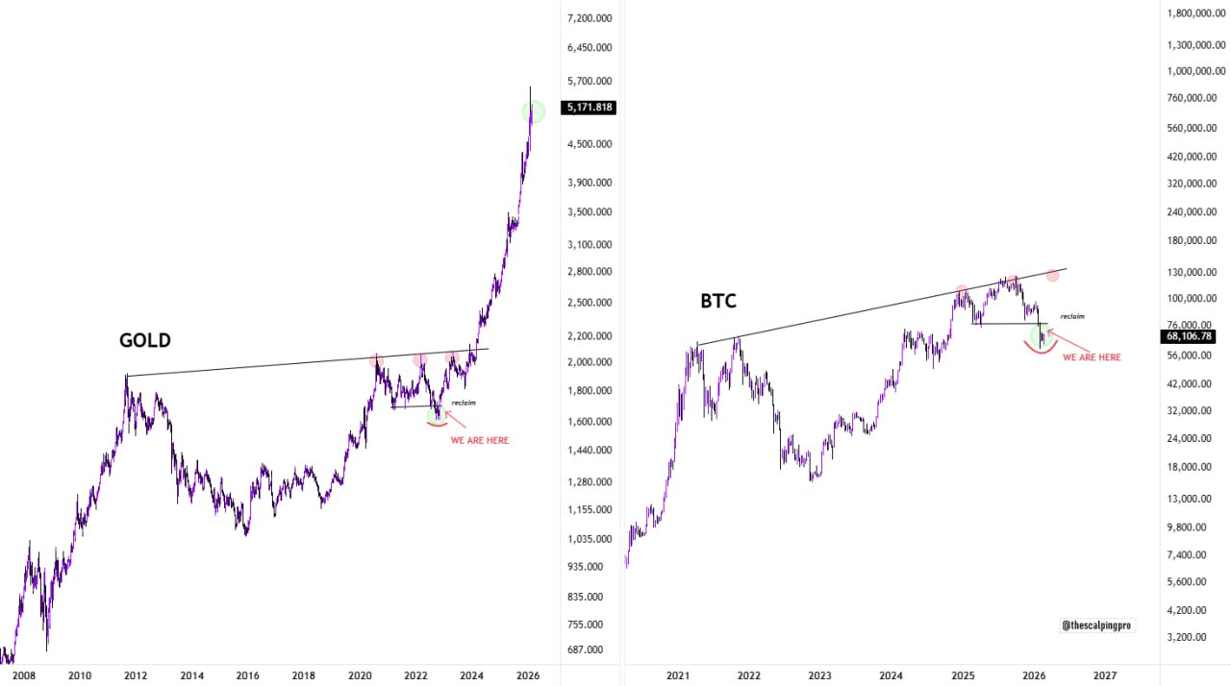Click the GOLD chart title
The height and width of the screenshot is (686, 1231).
144,340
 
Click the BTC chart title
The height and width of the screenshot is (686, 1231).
718,302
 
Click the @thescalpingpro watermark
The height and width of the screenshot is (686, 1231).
1098,625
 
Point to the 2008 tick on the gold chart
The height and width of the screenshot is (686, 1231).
23,675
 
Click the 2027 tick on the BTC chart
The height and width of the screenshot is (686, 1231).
1105,675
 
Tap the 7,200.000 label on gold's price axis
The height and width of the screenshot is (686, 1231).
590,18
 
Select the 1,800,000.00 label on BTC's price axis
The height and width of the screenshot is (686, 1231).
1198,13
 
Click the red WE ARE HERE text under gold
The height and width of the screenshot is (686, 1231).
480,440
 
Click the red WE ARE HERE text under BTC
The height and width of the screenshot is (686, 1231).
1092,357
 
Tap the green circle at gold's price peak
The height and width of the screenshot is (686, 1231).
534,111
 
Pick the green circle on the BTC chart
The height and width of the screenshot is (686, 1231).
1041,335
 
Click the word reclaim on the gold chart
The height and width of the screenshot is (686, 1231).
464,403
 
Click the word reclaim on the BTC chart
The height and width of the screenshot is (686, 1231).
1072,316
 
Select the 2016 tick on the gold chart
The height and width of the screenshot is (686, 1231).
247,675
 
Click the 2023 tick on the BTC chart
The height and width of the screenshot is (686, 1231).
820,675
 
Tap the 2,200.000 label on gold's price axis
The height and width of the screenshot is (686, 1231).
590,336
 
